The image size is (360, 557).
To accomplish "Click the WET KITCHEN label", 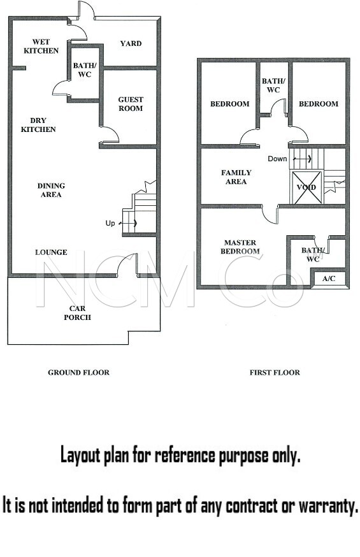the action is pos(41,46).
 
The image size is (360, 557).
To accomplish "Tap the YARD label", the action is pos(131,43).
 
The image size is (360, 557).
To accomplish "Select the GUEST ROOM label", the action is pos(131,104).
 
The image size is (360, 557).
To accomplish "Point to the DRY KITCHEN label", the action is pos(38,125).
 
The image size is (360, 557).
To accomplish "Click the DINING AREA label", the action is pos(51,190).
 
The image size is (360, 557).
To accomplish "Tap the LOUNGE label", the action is pos(51,252).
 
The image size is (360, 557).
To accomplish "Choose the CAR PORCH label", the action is pos(77,313).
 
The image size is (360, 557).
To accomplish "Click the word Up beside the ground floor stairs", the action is pos(110,224).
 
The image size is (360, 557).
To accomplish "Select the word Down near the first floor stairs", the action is pos(277,159).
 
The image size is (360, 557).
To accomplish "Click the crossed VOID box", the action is pos(306,187).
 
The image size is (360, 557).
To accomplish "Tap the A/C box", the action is pos(329,278).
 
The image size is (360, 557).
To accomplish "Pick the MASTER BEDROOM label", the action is pos(240,247).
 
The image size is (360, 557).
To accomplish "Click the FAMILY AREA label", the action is pos(236,177).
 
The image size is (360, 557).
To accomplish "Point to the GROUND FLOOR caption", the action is pos(79,372).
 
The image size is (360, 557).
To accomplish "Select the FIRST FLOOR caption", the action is pos(275,372).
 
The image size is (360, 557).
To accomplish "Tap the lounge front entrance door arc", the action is pos(123,261).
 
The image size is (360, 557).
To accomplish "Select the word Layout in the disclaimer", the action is pos(80,456).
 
